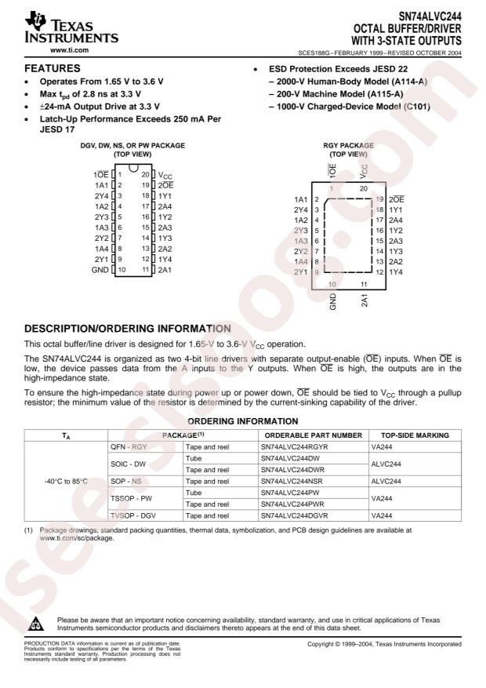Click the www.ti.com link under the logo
(x=68, y=50)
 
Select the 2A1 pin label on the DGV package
(x=165, y=268)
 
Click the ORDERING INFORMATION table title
(x=244, y=421)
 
